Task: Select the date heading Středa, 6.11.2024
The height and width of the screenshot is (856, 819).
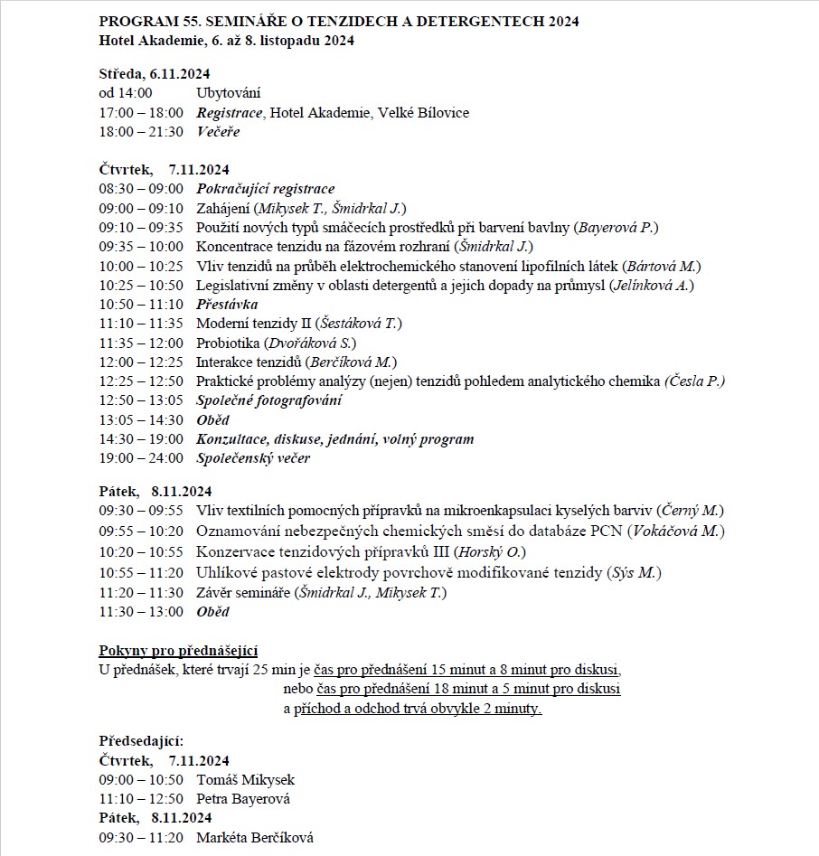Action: pyautogui.click(x=154, y=74)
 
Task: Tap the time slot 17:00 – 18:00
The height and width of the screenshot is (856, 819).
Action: pyautogui.click(x=140, y=113)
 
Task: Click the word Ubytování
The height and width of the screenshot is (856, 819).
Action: pyautogui.click(x=231, y=92)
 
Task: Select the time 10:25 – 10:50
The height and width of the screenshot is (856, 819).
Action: pyautogui.click(x=140, y=286)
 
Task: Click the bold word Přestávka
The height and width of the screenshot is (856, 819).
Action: pyautogui.click(x=227, y=305)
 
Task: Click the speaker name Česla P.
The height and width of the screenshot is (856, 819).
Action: pyautogui.click(x=695, y=381)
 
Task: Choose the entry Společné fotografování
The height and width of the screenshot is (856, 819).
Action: pyautogui.click(x=268, y=400)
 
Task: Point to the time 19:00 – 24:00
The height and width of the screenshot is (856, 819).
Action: pyautogui.click(x=140, y=458)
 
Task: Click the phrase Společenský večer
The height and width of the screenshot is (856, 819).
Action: pyautogui.click(x=253, y=458)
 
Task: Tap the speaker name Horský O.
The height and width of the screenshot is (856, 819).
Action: pyautogui.click(x=490, y=551)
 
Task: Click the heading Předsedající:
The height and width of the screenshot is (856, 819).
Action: pyautogui.click(x=141, y=741)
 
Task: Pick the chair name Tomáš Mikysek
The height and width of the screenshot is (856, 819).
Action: pyautogui.click(x=245, y=780)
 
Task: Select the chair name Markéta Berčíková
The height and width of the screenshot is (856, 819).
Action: pyautogui.click(x=254, y=838)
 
